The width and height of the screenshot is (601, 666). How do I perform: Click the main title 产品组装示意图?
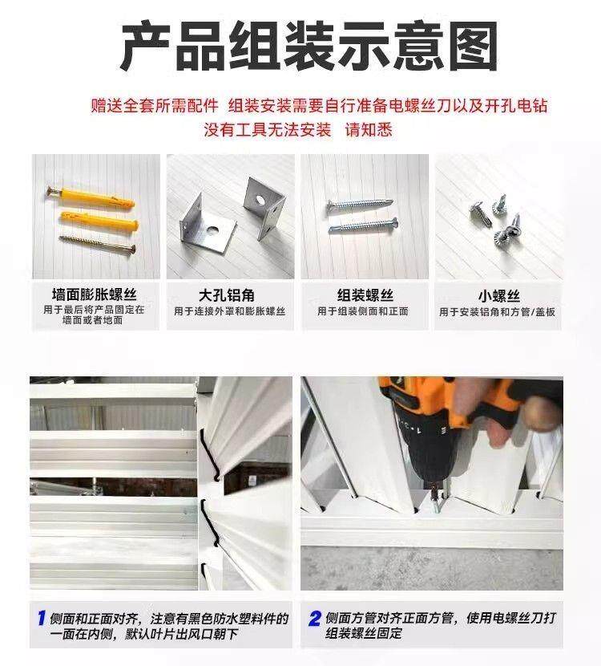[x=309, y=46]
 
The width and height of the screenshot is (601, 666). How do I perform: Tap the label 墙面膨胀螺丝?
[x=95, y=294]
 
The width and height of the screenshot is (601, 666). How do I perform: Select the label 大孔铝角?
[x=227, y=295]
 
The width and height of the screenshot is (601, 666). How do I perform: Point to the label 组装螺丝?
[x=365, y=295]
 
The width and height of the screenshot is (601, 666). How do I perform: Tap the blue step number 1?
[x=42, y=618]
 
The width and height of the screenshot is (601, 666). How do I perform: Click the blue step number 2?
[x=315, y=618]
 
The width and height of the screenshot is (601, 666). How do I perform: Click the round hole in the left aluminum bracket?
[x=213, y=230]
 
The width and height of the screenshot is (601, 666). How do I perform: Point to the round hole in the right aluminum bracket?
[x=259, y=198]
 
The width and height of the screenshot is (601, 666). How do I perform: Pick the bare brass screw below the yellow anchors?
[x=97, y=244]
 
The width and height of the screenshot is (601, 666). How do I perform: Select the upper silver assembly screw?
[x=360, y=205]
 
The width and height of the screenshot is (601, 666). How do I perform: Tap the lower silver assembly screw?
[x=364, y=225]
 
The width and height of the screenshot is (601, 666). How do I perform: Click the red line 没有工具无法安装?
[x=267, y=129]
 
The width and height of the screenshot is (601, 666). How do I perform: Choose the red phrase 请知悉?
[x=369, y=129]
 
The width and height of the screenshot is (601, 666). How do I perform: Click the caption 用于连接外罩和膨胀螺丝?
[x=229, y=311]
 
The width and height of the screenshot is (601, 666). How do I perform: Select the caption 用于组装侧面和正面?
[x=363, y=311]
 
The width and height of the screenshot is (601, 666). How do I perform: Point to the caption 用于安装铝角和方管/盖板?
[x=497, y=312]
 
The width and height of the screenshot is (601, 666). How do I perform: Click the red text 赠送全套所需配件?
[x=155, y=105]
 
